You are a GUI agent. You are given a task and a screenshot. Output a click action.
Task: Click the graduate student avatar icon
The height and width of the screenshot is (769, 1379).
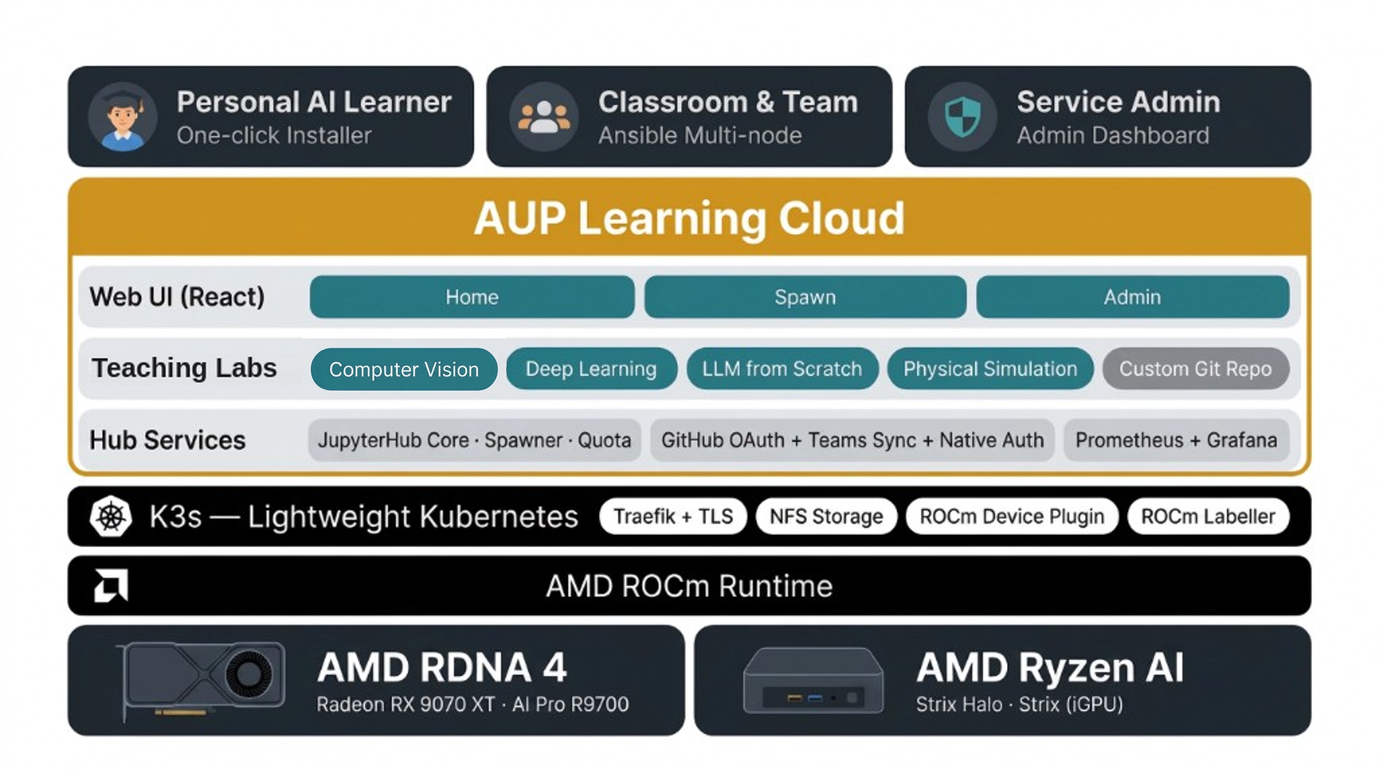123,117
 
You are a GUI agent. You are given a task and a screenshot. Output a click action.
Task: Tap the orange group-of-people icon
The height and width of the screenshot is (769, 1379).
544,117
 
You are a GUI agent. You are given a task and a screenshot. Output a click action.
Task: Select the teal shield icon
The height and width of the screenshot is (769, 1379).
963,117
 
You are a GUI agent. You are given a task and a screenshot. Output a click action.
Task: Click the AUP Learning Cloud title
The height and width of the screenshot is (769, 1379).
689,218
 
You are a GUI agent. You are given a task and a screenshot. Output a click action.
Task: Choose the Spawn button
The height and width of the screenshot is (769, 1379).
805,297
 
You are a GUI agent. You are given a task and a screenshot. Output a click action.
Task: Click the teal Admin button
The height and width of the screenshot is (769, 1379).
1133,297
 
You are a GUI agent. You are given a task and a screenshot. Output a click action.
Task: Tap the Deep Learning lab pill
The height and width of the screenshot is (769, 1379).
592,369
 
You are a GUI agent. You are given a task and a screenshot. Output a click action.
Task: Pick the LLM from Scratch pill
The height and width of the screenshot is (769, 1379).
782,369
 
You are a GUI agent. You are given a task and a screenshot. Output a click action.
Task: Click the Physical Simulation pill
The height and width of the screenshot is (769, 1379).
990,369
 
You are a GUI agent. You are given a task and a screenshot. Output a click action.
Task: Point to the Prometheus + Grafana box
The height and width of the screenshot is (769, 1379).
1176,440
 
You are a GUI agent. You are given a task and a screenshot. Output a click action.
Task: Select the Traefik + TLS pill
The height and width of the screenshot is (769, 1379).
673,516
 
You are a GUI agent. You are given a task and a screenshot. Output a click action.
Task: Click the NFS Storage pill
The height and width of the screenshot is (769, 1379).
826,516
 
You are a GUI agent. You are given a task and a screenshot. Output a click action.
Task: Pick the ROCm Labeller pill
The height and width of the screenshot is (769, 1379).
1209,516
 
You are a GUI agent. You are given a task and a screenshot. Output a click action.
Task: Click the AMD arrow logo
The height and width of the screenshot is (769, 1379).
111,585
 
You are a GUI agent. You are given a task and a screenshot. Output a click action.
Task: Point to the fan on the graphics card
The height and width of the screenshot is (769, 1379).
248,673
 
